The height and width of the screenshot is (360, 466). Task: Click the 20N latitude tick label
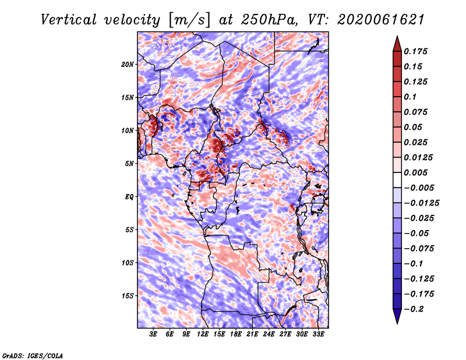pos(128,65)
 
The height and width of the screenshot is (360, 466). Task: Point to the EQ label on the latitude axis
pos(129,196)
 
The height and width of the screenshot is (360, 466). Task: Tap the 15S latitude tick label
pos(128,296)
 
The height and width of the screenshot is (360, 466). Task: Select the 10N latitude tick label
pos(128,130)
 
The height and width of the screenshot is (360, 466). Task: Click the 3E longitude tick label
pos(153,334)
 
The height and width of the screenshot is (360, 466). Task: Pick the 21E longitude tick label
pos(252,334)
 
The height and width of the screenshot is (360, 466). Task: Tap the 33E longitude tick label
pos(318,334)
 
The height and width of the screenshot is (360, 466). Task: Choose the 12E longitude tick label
pos(202,334)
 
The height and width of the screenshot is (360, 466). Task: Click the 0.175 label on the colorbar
pos(415,51)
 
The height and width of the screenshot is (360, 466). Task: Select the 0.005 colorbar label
pos(415,172)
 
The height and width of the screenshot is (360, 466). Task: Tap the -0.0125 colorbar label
pos(421,203)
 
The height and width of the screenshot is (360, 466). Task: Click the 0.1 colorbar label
pos(410,97)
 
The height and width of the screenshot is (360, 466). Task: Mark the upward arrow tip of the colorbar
pos(397,36)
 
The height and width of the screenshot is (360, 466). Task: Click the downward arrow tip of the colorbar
pos(397,323)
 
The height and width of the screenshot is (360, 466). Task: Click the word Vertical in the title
pos(69,20)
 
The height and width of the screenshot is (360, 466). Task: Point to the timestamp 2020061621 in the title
pos(381,20)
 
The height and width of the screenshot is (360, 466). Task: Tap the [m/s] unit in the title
pos(189,20)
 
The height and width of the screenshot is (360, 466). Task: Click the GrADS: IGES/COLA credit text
pos(33,355)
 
